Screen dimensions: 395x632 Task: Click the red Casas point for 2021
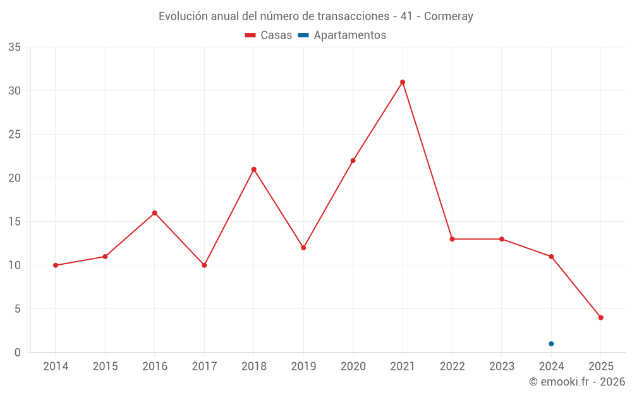pos(403,82)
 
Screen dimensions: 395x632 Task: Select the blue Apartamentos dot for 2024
pos(551,344)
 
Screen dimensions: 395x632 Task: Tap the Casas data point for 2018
pos(253,169)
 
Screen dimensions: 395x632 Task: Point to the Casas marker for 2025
pos(601,318)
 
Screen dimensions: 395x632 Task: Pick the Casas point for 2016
pos(154,213)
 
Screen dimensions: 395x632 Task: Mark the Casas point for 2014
pos(56,265)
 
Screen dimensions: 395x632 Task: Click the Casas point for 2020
pos(353,161)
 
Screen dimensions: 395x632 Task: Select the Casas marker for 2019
pos(303,248)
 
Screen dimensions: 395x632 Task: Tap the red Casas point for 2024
pos(551,257)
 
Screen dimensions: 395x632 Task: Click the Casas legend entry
pos(269,35)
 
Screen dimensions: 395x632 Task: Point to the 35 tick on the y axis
pos(15,47)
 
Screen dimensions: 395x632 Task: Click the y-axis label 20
pos(15,178)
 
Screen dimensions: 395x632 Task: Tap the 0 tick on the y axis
pos(18,353)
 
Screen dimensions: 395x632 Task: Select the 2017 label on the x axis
pos(204,367)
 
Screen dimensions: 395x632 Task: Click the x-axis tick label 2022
pos(452,367)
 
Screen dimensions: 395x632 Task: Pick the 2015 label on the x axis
pos(105,367)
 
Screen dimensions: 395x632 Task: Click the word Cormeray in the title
pos(448,16)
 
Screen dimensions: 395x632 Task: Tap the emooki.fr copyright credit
pos(576,382)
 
